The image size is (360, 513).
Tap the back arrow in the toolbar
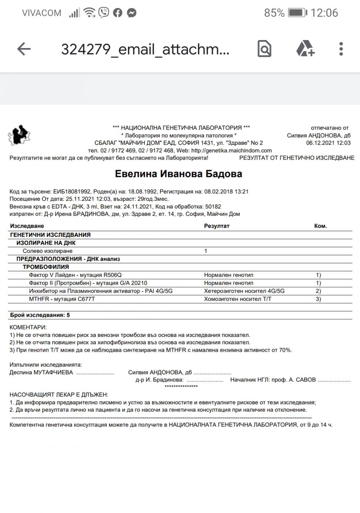click(24, 49)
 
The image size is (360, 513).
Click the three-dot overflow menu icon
click(341, 49)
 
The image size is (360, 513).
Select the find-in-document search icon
click(264, 49)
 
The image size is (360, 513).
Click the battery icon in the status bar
click(297, 13)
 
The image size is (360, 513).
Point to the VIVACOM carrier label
click(42, 13)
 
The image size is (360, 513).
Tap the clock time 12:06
click(324, 13)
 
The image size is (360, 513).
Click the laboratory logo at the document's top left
click(19, 136)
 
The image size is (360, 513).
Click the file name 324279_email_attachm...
click(145, 49)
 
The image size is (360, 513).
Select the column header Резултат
click(217, 226)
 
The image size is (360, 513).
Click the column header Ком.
click(320, 226)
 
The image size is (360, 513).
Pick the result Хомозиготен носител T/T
click(238, 299)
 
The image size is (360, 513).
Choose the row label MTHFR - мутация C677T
click(62, 299)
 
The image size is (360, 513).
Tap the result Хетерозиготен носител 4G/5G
click(244, 291)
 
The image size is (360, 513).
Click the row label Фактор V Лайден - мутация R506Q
click(75, 275)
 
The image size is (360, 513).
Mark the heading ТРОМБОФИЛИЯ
click(46, 267)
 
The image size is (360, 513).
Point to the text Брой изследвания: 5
click(40, 315)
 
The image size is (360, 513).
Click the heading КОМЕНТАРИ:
click(28, 327)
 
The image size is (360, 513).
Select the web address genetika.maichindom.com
click(231, 151)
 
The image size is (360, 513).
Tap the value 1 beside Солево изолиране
click(206, 251)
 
